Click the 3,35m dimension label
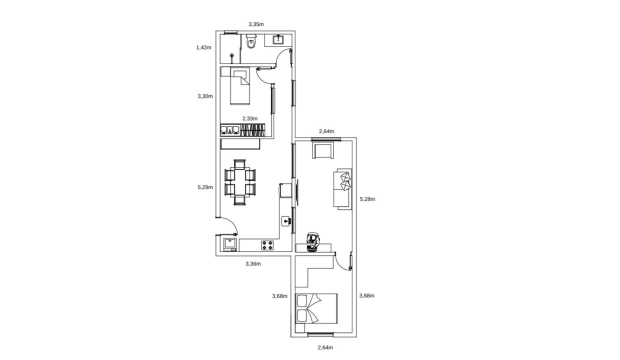tap(256, 24)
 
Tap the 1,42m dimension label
tap(203, 47)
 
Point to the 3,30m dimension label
tap(205, 96)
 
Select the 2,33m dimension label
tap(250, 118)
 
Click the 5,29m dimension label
tap(205, 187)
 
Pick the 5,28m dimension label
tap(367, 199)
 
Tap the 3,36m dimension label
tap(253, 263)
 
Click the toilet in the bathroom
tap(251, 41)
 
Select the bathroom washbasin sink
tap(277, 39)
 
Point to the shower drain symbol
tap(231, 55)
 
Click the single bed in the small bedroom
tap(240, 86)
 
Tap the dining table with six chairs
tap(240, 182)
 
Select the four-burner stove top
tap(267, 245)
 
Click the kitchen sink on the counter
tap(286, 221)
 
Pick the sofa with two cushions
tap(342, 189)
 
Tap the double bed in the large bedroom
tap(316, 308)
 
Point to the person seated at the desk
tap(313, 242)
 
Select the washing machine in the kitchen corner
tap(230, 244)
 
